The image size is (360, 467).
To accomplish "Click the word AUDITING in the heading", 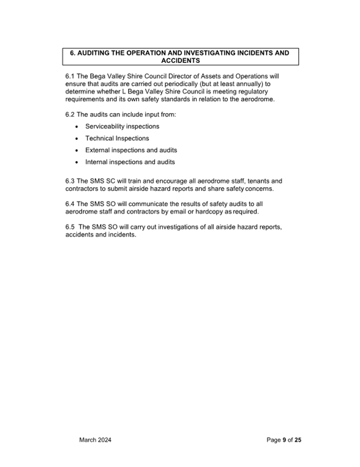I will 97,53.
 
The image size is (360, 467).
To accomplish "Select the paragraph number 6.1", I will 70,76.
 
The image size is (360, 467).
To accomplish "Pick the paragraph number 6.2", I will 70,115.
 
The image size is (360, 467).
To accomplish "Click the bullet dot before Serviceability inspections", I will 78,127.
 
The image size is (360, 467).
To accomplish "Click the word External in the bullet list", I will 98,150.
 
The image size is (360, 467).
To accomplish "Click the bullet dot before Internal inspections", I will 78,162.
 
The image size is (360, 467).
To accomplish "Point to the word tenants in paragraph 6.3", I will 250,181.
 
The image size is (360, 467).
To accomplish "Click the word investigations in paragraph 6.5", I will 177,227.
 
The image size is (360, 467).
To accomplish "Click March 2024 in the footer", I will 95,440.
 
